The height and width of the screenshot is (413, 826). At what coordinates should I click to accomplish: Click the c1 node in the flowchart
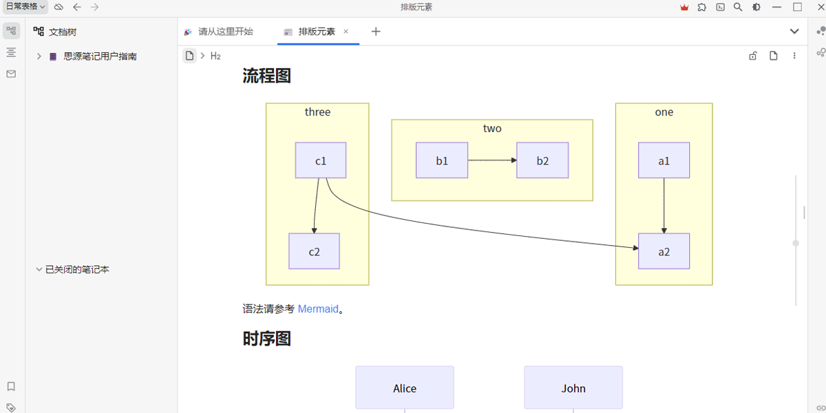pos(321,160)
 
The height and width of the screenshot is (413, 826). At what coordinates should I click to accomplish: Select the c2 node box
pos(314,251)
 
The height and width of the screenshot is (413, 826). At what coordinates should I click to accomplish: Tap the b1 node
pos(442,160)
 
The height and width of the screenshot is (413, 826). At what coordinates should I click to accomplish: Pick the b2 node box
pos(542,160)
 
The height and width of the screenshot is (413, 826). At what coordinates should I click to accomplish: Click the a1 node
pos(664,160)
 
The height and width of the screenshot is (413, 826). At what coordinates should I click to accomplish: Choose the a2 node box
pos(664,251)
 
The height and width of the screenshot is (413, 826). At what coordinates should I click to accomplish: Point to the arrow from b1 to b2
pos(491,160)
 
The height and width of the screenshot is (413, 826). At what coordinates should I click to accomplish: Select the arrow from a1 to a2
pos(664,206)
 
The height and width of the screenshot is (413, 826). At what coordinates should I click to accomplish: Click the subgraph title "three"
pos(317,112)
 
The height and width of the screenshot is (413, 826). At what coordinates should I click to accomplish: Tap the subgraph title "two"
pos(492,129)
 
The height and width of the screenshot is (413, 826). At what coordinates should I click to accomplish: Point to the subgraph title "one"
pos(664,112)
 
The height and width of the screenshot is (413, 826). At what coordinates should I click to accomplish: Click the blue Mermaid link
pos(318,309)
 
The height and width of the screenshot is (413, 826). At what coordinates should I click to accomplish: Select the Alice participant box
pos(405,388)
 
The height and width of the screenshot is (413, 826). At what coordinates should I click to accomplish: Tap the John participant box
pos(573,388)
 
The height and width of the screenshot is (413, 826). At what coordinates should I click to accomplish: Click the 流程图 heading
pos(267,76)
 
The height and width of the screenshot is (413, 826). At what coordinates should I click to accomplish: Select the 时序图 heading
pos(267,339)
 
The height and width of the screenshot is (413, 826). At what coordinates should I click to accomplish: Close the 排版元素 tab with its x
pos(346,32)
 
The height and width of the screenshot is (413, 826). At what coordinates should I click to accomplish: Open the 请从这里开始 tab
pos(225,32)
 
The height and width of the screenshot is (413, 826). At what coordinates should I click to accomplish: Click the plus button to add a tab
pos(376,32)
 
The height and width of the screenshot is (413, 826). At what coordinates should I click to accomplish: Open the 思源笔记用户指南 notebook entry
pos(100,56)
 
